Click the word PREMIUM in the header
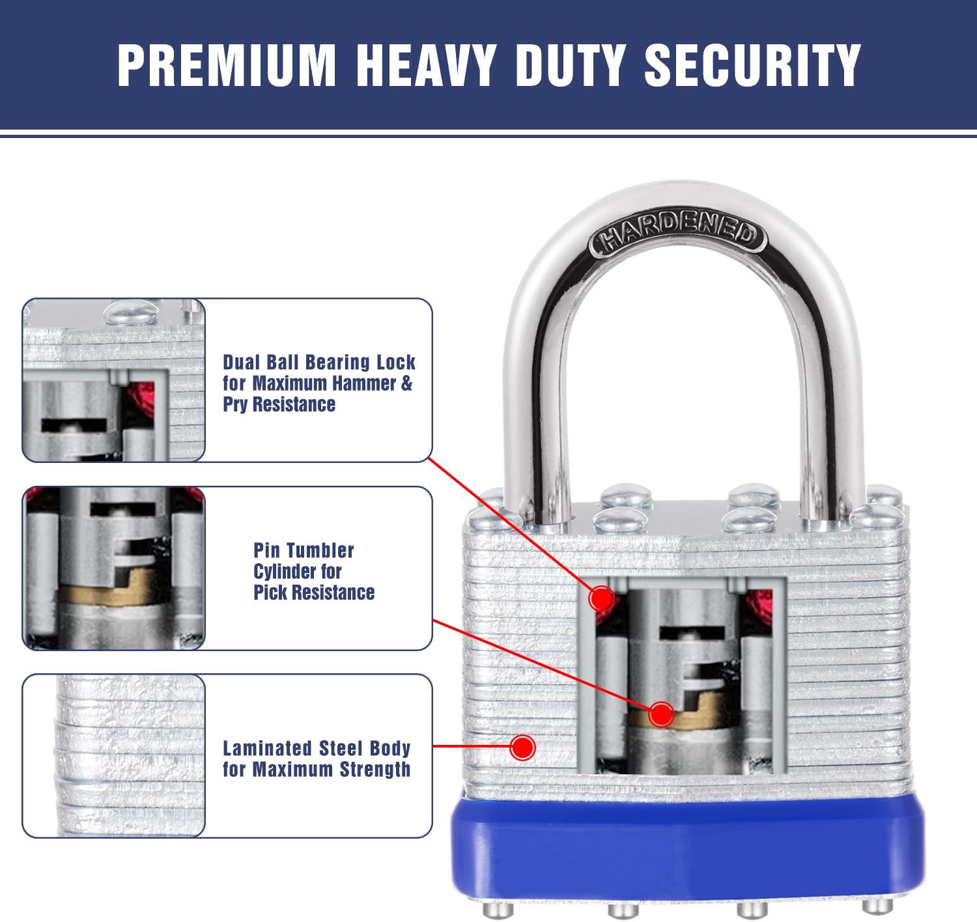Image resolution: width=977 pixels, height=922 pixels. (x=225, y=65)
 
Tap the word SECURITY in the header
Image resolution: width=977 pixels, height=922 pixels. (x=752, y=65)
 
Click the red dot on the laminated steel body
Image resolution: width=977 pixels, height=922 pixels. (x=522, y=747)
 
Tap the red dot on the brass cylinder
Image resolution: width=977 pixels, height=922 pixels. (x=661, y=714)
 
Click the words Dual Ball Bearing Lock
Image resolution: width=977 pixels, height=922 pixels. (x=319, y=362)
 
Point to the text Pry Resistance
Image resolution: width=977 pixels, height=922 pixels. (x=279, y=404)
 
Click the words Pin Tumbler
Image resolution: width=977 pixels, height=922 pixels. (x=304, y=550)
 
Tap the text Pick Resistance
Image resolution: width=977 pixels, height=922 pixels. (x=314, y=593)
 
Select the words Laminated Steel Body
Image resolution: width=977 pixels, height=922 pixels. (x=317, y=748)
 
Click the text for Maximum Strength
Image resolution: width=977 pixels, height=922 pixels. (x=317, y=770)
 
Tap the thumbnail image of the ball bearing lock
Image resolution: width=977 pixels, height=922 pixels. (x=114, y=380)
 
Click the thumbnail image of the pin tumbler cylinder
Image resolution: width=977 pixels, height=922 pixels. (x=114, y=568)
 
